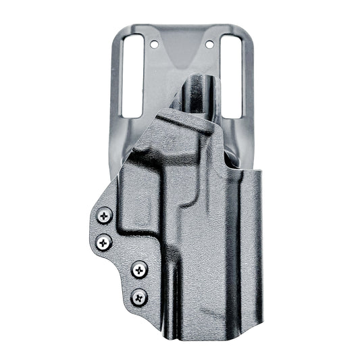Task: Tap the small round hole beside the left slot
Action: [x=154, y=44]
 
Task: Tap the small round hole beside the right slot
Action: [x=209, y=44]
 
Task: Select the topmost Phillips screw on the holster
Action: [x=103, y=215]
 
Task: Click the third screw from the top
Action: [x=139, y=269]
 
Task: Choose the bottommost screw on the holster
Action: [x=139, y=294]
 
